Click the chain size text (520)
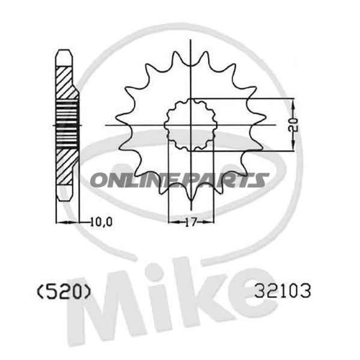(x=63, y=291)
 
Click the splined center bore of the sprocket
(x=190, y=124)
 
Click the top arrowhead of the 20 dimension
(x=293, y=102)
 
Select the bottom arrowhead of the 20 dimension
(x=293, y=148)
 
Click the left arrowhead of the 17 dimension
(x=171, y=222)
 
